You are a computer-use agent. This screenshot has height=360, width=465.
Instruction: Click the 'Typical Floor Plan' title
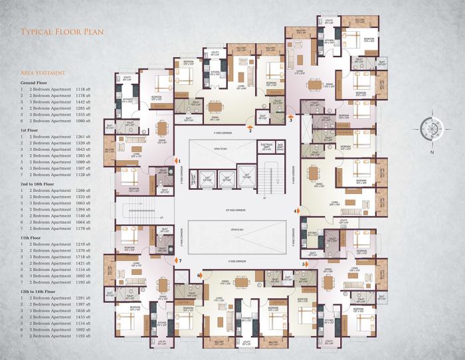pos(60,31)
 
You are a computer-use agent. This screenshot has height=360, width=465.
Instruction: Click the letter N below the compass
pos(431,153)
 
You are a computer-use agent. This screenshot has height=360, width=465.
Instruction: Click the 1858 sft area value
pos(85,310)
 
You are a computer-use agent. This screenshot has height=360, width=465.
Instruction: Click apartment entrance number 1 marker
pos(179,160)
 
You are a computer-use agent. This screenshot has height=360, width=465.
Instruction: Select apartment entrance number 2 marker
pos(250,130)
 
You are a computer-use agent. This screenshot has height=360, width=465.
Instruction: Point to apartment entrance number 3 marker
pos(290,120)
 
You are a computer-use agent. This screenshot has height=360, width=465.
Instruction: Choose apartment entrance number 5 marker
pos(304,264)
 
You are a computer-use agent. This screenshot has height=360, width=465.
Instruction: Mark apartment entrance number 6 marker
pos(200,274)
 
